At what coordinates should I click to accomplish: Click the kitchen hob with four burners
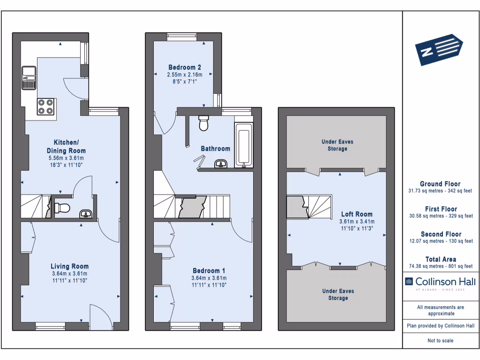(45, 106)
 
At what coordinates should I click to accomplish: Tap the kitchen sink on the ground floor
(29, 77)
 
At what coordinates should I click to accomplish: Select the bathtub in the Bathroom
(243, 145)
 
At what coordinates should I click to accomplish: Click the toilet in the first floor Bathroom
(204, 123)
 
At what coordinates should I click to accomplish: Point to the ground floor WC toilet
(63, 207)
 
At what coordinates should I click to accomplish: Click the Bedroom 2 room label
(185, 67)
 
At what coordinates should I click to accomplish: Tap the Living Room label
(70, 266)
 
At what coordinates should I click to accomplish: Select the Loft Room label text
(357, 214)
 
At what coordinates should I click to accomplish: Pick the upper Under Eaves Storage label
(337, 145)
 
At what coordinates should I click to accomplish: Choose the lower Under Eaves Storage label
(337, 294)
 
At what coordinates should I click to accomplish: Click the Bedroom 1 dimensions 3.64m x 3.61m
(209, 278)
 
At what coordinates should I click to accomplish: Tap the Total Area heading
(441, 259)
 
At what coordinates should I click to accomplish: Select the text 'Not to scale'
(441, 341)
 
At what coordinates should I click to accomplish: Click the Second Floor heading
(441, 234)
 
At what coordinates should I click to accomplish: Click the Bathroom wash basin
(221, 164)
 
